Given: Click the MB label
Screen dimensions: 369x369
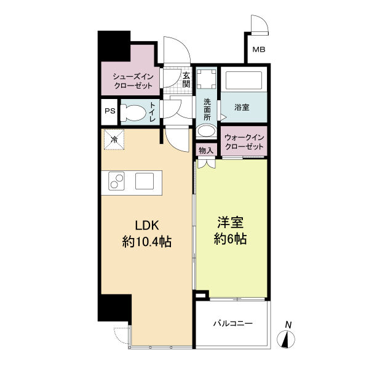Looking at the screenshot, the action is (259, 50).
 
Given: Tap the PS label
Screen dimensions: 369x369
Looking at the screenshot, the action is (110, 111).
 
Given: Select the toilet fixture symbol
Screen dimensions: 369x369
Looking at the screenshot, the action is (133, 113).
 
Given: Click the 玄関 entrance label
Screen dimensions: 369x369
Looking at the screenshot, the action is (186, 80).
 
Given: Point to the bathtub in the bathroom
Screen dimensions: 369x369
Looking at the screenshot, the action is (244, 80).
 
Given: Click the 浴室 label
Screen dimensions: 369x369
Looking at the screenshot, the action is (242, 108).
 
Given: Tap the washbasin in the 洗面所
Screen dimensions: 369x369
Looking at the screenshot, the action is (207, 130).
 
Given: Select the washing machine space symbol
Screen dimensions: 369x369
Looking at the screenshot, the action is (207, 79).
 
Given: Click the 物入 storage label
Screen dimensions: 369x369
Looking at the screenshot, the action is (206, 151).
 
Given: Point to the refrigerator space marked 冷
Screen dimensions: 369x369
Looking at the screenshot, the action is (114, 140).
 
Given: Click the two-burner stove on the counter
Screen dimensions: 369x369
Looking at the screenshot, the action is (116, 181).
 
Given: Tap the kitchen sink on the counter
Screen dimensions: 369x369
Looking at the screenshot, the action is (145, 181).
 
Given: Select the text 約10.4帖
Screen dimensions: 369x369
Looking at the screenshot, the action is (146, 242).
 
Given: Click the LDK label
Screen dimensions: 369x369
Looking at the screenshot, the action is (147, 226).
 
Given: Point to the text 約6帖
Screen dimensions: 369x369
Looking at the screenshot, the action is (231, 239).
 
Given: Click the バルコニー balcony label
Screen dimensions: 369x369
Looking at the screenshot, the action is (233, 323).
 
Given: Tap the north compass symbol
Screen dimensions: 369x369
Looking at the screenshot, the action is (286, 339).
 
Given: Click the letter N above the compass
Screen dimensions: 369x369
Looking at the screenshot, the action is (288, 325).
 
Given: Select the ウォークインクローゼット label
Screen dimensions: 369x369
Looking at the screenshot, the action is (244, 142).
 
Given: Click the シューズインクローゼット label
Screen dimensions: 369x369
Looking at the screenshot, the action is (133, 81).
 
